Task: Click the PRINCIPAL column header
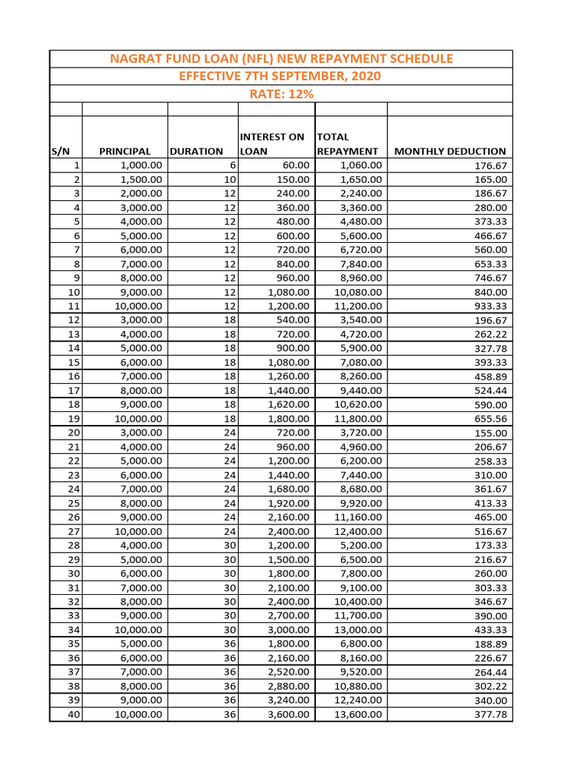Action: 124,151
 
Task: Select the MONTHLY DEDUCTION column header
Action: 450,151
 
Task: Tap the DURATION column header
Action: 196,151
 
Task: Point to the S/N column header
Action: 61,151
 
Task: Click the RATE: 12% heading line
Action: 281,94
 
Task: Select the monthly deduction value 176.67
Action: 490,165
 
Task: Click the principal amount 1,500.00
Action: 141,180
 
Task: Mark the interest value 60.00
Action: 296,165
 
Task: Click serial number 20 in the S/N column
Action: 74,433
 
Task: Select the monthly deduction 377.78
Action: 490,715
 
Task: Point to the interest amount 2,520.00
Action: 289,672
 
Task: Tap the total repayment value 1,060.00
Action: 361,165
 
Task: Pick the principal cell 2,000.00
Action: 141,193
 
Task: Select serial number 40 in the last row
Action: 74,715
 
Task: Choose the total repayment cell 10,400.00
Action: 358,602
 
